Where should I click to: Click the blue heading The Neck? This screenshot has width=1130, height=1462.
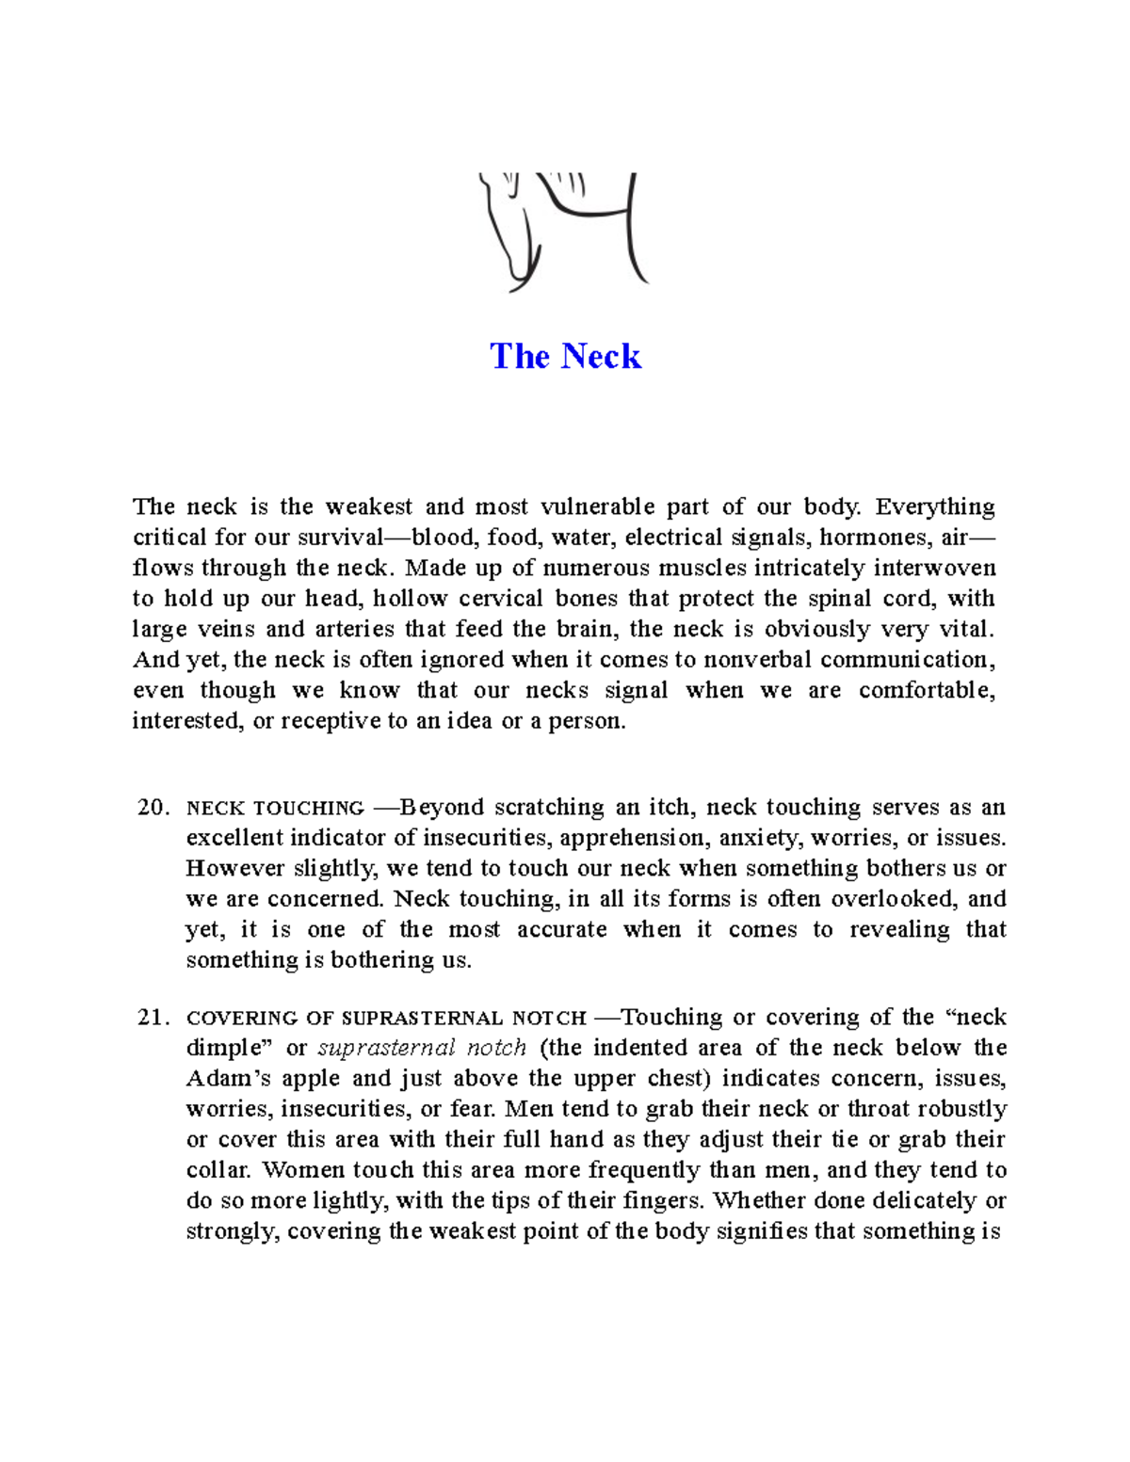(x=565, y=356)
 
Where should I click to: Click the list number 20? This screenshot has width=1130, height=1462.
(x=153, y=808)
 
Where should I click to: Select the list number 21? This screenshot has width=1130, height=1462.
(x=153, y=1018)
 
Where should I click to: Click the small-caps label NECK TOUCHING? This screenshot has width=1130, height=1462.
(x=275, y=809)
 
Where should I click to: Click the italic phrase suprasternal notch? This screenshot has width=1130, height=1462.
(x=422, y=1048)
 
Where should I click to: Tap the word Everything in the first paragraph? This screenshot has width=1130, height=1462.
(x=934, y=506)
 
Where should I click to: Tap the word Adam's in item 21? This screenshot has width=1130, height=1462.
(x=229, y=1078)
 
